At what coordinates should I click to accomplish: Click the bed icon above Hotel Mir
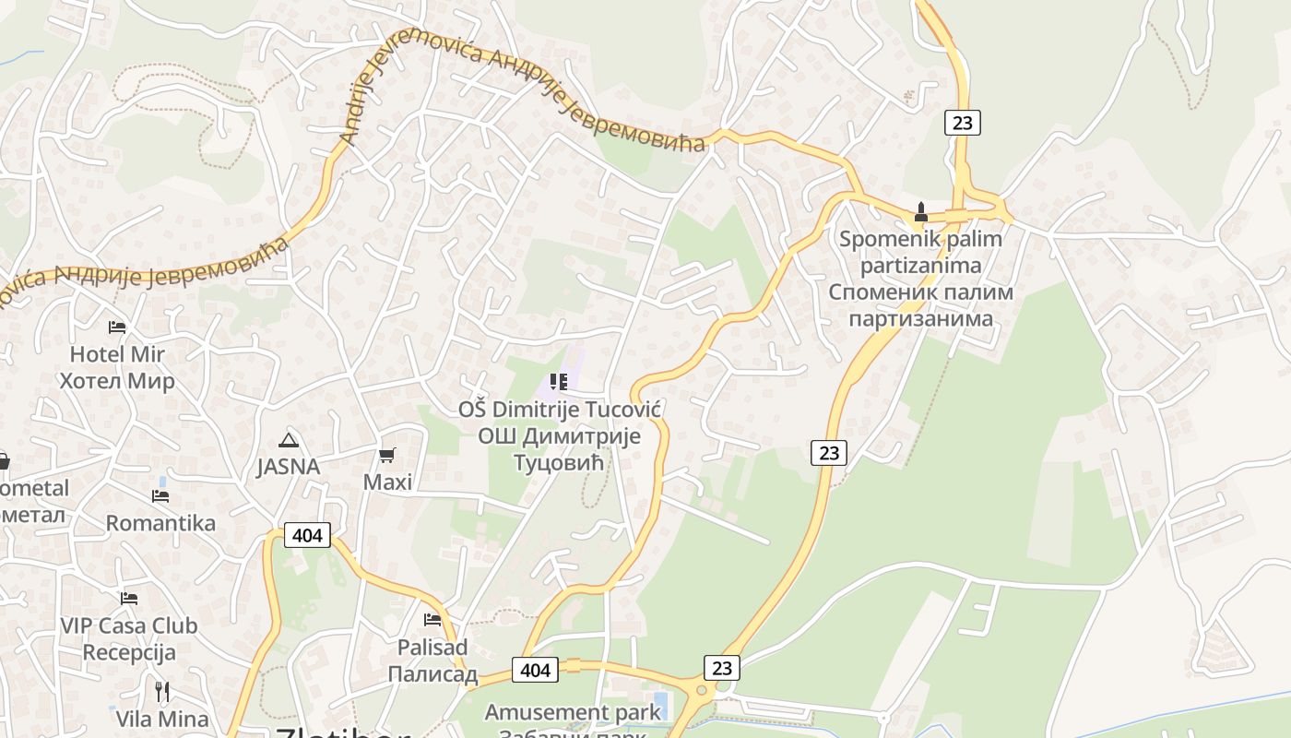point(116,327)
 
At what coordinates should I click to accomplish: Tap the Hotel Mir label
point(117,353)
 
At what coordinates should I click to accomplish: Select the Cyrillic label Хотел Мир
point(117,380)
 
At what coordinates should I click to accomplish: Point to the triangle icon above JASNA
point(289,440)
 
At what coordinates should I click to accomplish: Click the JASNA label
point(289,467)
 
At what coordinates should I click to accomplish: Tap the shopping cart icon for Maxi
point(387,455)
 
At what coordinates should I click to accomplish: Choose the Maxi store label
point(387,482)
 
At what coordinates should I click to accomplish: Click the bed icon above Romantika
point(160,496)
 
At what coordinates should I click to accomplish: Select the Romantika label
point(160,523)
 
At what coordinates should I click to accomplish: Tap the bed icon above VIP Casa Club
point(129,599)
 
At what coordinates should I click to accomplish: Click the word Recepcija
point(129,652)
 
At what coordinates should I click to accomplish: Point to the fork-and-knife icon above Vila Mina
point(162,691)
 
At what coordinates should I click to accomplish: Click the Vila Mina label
point(162,718)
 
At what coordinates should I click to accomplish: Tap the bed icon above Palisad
point(432,620)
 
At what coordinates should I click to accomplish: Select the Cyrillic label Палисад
point(432,673)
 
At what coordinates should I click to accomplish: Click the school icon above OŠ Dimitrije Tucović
point(558,382)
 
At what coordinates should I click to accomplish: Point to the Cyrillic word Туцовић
point(558,461)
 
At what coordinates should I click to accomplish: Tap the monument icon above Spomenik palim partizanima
point(920,212)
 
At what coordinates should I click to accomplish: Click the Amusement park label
point(573,712)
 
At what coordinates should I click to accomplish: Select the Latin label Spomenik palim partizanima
point(920,252)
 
